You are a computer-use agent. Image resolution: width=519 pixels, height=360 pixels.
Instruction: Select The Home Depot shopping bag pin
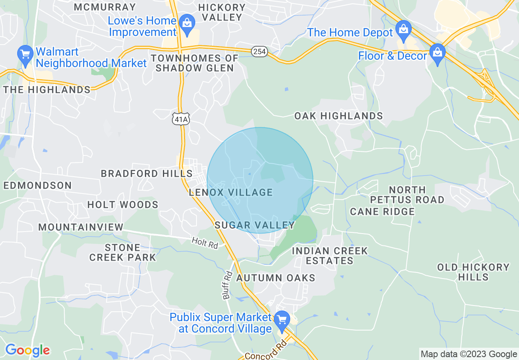[x=404, y=30]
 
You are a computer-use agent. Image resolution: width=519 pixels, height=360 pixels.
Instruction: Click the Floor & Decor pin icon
[x=438, y=54]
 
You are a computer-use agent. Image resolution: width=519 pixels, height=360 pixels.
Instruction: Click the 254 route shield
[x=259, y=52]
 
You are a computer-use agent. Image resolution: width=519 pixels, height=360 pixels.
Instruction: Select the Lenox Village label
[x=231, y=192]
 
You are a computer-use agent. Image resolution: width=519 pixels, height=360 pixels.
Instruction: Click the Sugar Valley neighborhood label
[x=255, y=225]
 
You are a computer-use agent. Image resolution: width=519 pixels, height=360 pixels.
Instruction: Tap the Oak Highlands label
[x=338, y=116]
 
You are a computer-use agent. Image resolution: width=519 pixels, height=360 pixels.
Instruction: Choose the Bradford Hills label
[x=147, y=173]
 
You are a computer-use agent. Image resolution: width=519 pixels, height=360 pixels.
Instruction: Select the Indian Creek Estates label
[x=330, y=256]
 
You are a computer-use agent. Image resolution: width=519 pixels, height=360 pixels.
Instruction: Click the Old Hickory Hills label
[x=473, y=272]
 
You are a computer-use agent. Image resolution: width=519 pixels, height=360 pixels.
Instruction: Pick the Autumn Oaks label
[x=276, y=278]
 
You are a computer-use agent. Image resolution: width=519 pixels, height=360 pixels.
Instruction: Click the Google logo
[x=27, y=350]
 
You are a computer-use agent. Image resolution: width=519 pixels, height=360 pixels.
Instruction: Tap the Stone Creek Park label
[x=123, y=252]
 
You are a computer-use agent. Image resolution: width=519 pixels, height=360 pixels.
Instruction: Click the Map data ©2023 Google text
[x=469, y=354]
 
